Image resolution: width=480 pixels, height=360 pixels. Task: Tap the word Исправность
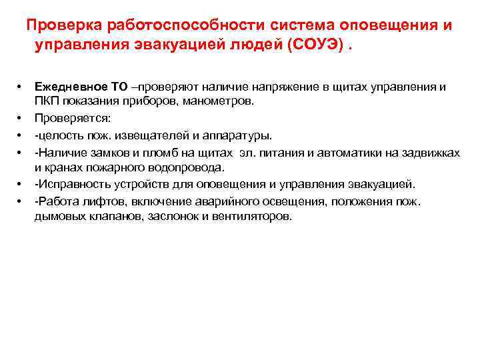coord(69,184)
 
